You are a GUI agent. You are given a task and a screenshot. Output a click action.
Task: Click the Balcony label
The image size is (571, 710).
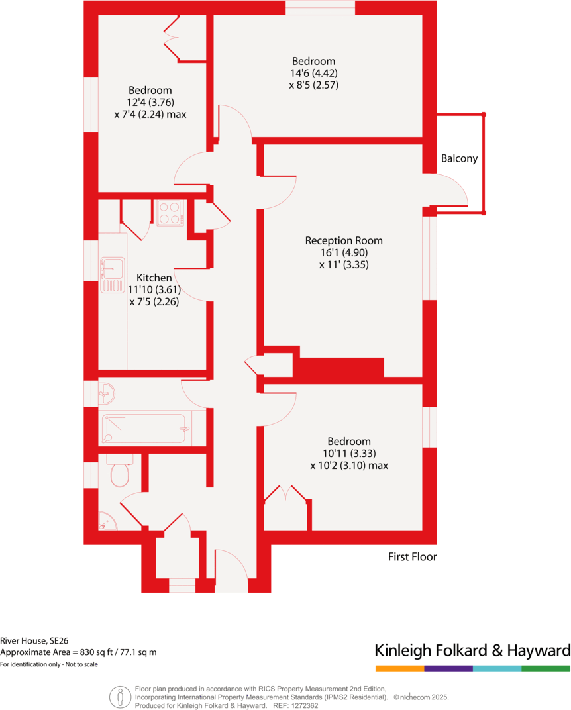point(459,159)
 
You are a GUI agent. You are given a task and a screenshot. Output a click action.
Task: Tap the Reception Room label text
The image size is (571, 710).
point(343,240)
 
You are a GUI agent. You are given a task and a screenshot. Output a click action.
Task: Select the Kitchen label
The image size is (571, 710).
point(154,278)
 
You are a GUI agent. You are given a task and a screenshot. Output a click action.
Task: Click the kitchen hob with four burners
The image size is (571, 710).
point(170,213)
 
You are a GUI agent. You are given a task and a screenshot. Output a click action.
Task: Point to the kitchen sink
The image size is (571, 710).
point(112,275)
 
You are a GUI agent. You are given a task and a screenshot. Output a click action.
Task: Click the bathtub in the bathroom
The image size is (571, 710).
point(144,429)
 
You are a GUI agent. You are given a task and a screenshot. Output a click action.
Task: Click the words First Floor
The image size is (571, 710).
point(412,557)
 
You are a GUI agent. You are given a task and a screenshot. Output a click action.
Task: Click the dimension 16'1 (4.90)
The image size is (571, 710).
point(343,252)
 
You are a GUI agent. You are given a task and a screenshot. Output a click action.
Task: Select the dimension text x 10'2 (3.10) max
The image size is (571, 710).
point(349,466)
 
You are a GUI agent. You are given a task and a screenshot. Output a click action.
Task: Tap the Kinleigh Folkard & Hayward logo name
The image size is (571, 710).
point(472,649)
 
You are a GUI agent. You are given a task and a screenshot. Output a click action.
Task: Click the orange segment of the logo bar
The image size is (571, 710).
point(399,668)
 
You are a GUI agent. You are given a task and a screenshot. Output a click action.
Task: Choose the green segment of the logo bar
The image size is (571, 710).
point(546,668)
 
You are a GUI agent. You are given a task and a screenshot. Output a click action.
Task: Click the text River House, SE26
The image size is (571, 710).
point(34,640)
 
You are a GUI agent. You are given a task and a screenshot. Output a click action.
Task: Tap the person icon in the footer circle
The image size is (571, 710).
point(120,697)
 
